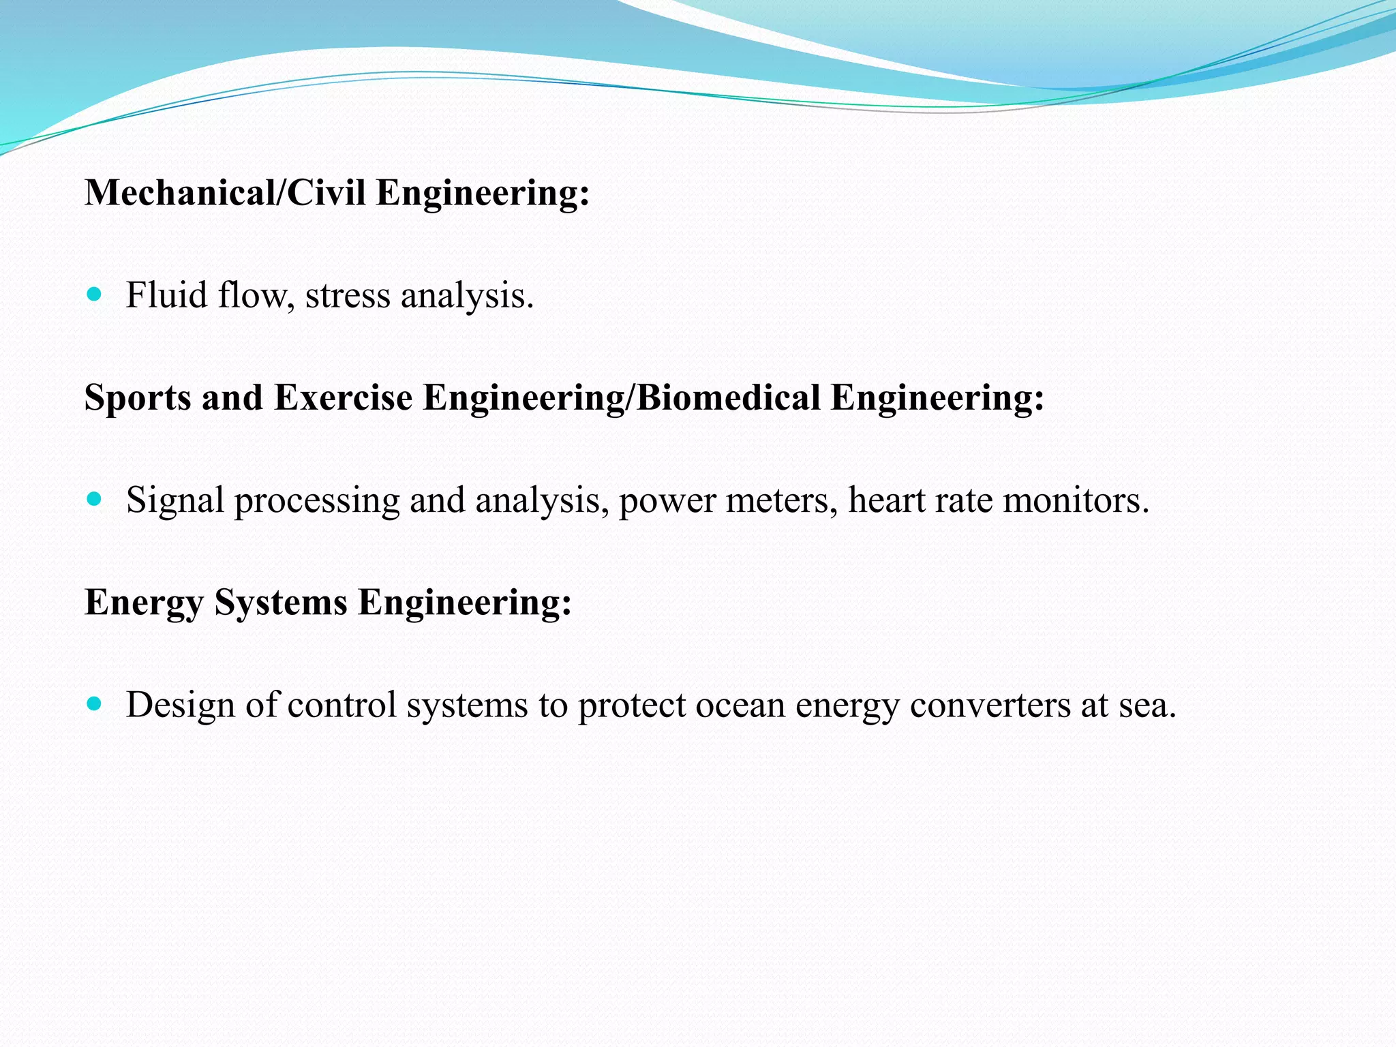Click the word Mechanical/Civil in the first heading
coord(225,193)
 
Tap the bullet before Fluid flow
coord(95,294)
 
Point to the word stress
coord(348,296)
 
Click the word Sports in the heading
coord(138,397)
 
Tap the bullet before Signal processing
coord(95,499)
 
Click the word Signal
coord(175,501)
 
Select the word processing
coord(317,501)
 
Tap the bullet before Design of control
coord(95,703)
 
